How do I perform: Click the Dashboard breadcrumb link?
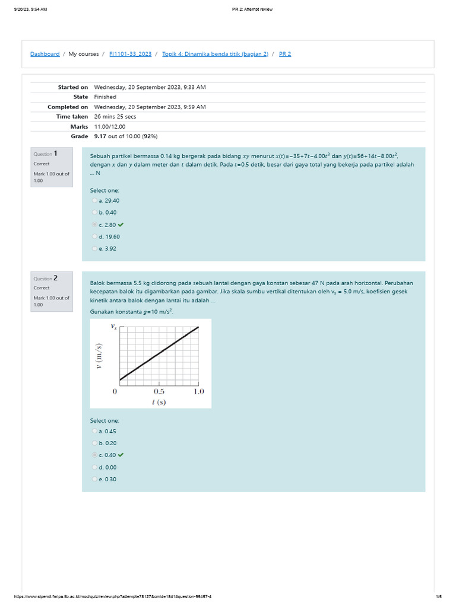tap(45, 54)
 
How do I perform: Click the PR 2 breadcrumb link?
tap(285, 54)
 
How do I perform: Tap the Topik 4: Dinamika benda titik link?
tap(215, 54)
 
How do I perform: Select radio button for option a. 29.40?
tap(94, 200)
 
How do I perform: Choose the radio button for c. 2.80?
tap(94, 225)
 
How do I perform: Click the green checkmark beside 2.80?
tap(121, 225)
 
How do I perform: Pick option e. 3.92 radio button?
tap(94, 248)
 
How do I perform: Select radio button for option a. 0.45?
tap(94, 431)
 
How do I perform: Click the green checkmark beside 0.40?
tap(121, 455)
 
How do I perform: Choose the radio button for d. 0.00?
tap(94, 467)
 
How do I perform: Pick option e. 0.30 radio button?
tap(94, 479)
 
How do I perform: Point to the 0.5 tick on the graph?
tap(159, 391)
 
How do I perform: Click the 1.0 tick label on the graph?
tap(198, 391)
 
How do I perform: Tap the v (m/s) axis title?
tap(99, 356)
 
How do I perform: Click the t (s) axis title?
tap(159, 402)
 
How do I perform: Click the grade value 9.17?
tap(101, 136)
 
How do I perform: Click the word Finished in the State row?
tap(105, 97)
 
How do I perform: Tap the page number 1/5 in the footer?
tap(438, 596)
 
